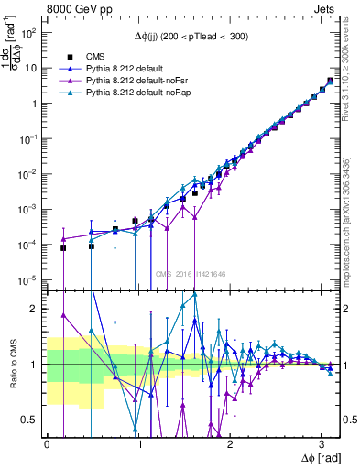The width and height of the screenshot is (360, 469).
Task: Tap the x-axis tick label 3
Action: [324, 443]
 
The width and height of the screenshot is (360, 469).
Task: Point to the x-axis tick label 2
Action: [232, 443]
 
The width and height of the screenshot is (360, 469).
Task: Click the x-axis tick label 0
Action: [47, 443]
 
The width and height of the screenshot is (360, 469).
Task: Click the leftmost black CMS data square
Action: [63, 248]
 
